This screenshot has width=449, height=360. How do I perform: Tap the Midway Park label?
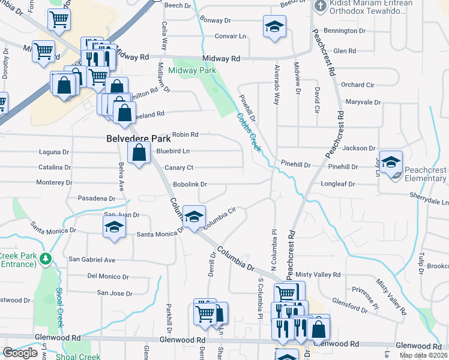pos(192,71)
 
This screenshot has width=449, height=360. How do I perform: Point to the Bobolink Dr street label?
pos(190,184)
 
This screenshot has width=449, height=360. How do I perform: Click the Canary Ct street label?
pos(179,167)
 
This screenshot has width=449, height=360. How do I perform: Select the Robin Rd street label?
pos(185,135)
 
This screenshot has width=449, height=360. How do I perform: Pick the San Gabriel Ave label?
pos(92,259)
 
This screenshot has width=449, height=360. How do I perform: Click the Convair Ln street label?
pos(231,36)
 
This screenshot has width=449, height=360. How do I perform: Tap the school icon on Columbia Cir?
pos(194,217)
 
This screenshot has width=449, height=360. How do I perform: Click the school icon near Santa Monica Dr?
pos(113,227)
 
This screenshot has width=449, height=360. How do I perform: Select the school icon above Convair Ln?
pos(274,26)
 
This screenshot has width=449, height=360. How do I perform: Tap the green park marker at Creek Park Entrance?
pos(46,259)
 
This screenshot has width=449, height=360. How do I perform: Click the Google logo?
pos(20,353)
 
